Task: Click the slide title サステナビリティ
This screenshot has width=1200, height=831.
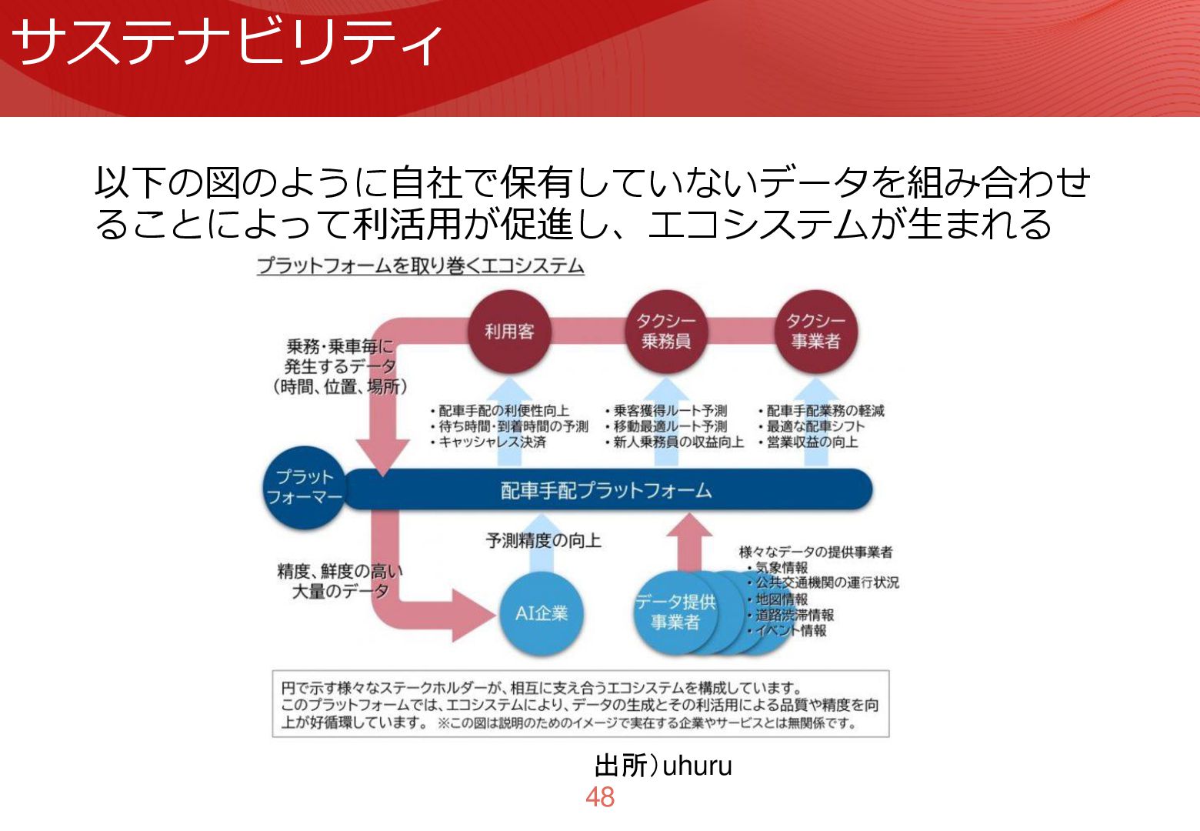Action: point(228,42)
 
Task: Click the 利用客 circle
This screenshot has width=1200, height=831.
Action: point(509,332)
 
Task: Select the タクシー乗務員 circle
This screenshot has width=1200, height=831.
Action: point(666,332)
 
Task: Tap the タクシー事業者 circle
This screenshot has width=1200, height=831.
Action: point(815,332)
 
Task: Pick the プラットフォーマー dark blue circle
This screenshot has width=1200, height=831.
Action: point(305,488)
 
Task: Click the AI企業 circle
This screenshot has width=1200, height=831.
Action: point(542,613)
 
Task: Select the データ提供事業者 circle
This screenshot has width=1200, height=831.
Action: point(675,613)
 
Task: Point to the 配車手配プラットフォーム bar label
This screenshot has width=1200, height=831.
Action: point(606,490)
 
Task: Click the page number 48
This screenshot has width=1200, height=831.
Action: point(600,798)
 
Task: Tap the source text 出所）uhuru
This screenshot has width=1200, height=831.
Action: point(663,766)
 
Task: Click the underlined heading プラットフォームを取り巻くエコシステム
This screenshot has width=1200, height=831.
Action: point(420,266)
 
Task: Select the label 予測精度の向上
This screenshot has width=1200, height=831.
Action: point(543,541)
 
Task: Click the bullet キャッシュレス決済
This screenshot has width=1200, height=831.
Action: point(492,442)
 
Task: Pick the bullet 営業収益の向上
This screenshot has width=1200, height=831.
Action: point(812,442)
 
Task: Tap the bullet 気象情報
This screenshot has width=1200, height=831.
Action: point(782,568)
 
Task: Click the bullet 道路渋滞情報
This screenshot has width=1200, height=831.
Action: point(795,615)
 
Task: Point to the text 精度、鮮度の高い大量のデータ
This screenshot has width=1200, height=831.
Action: point(340,581)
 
